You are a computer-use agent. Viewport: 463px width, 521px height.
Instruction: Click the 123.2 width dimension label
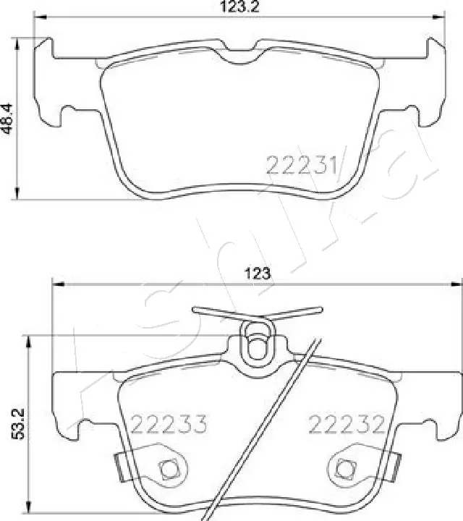coord(239,8)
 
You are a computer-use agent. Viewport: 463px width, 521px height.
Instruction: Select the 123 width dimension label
coord(257,274)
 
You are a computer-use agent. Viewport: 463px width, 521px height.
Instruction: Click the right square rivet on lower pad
coord(346,468)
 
